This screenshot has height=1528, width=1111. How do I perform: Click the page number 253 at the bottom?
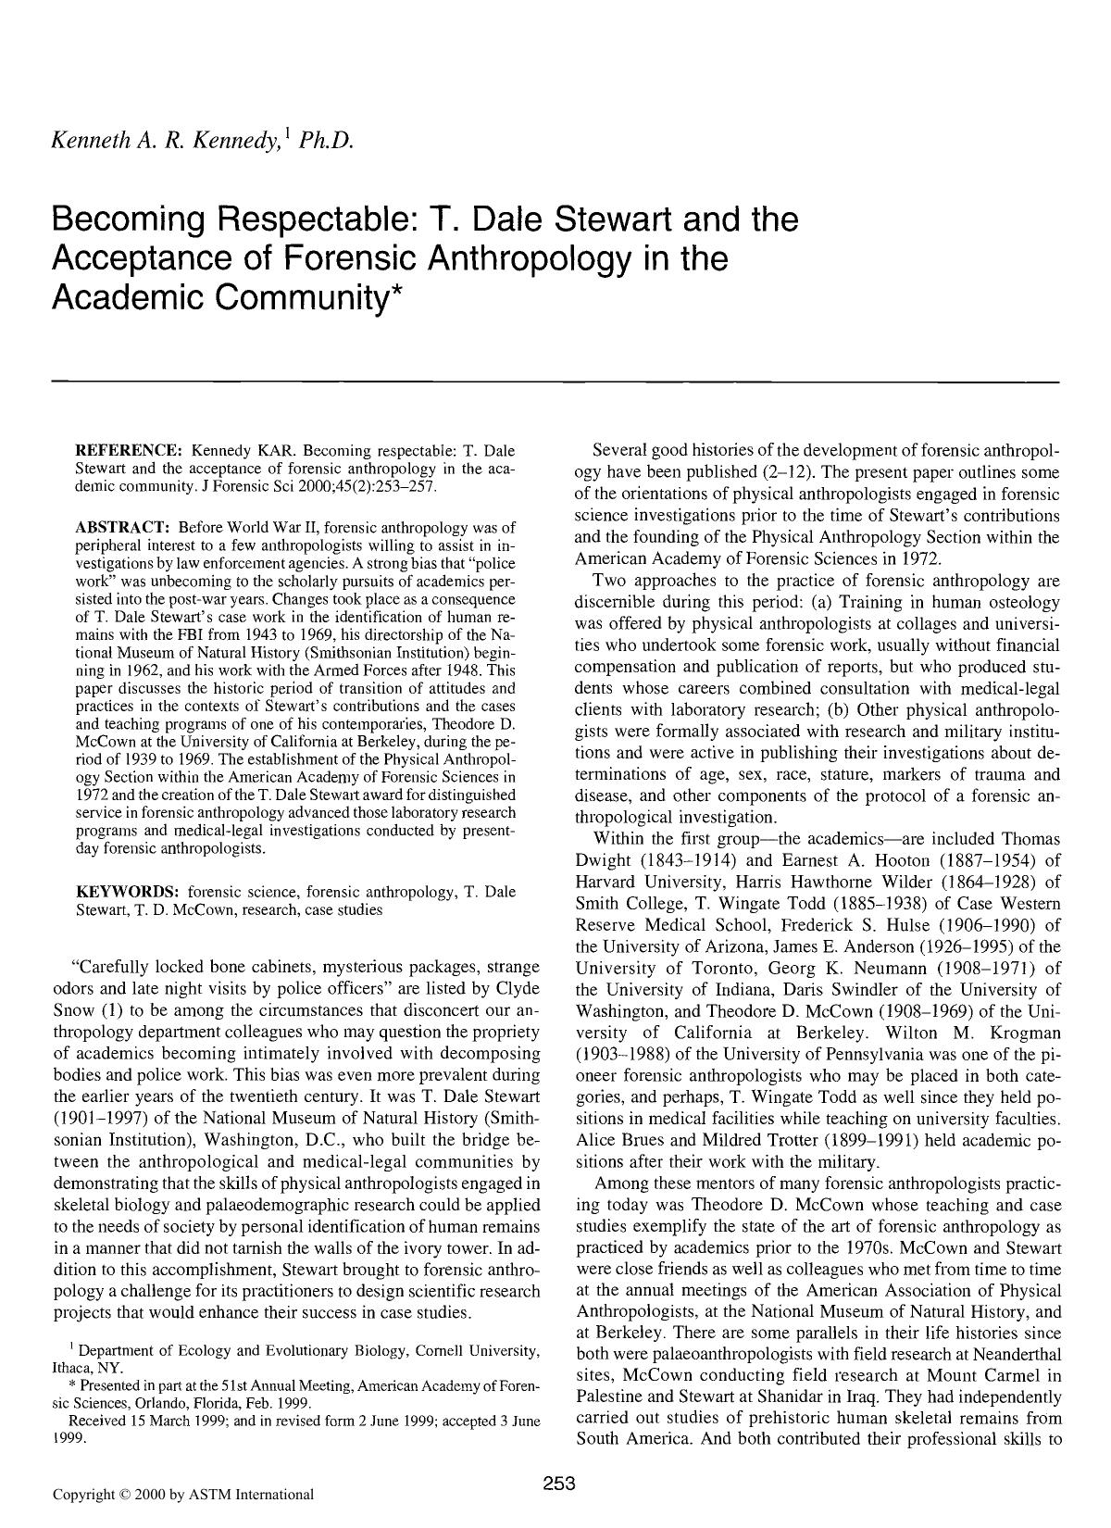pyautogui.click(x=559, y=1484)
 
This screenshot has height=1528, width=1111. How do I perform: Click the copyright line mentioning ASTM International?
pyautogui.click(x=183, y=1494)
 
